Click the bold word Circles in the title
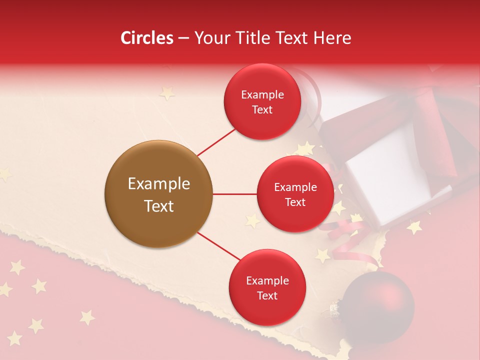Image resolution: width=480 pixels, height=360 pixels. click(147, 38)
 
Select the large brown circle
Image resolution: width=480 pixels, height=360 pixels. click(158, 194)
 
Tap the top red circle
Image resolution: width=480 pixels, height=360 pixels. click(262, 101)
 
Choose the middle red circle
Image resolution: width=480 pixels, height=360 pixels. click(295, 194)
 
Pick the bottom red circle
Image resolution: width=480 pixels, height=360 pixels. click(267, 287)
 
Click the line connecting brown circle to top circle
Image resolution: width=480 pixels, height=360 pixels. click(216, 142)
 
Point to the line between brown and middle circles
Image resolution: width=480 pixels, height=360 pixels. click(234, 194)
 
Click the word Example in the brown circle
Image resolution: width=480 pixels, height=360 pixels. click(158, 184)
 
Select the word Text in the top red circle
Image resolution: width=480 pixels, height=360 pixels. click(262, 109)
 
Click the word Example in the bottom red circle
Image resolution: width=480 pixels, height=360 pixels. click(267, 280)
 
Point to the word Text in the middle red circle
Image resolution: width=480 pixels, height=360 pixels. click(295, 202)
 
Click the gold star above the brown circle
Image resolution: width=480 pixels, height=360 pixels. click(166, 93)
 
